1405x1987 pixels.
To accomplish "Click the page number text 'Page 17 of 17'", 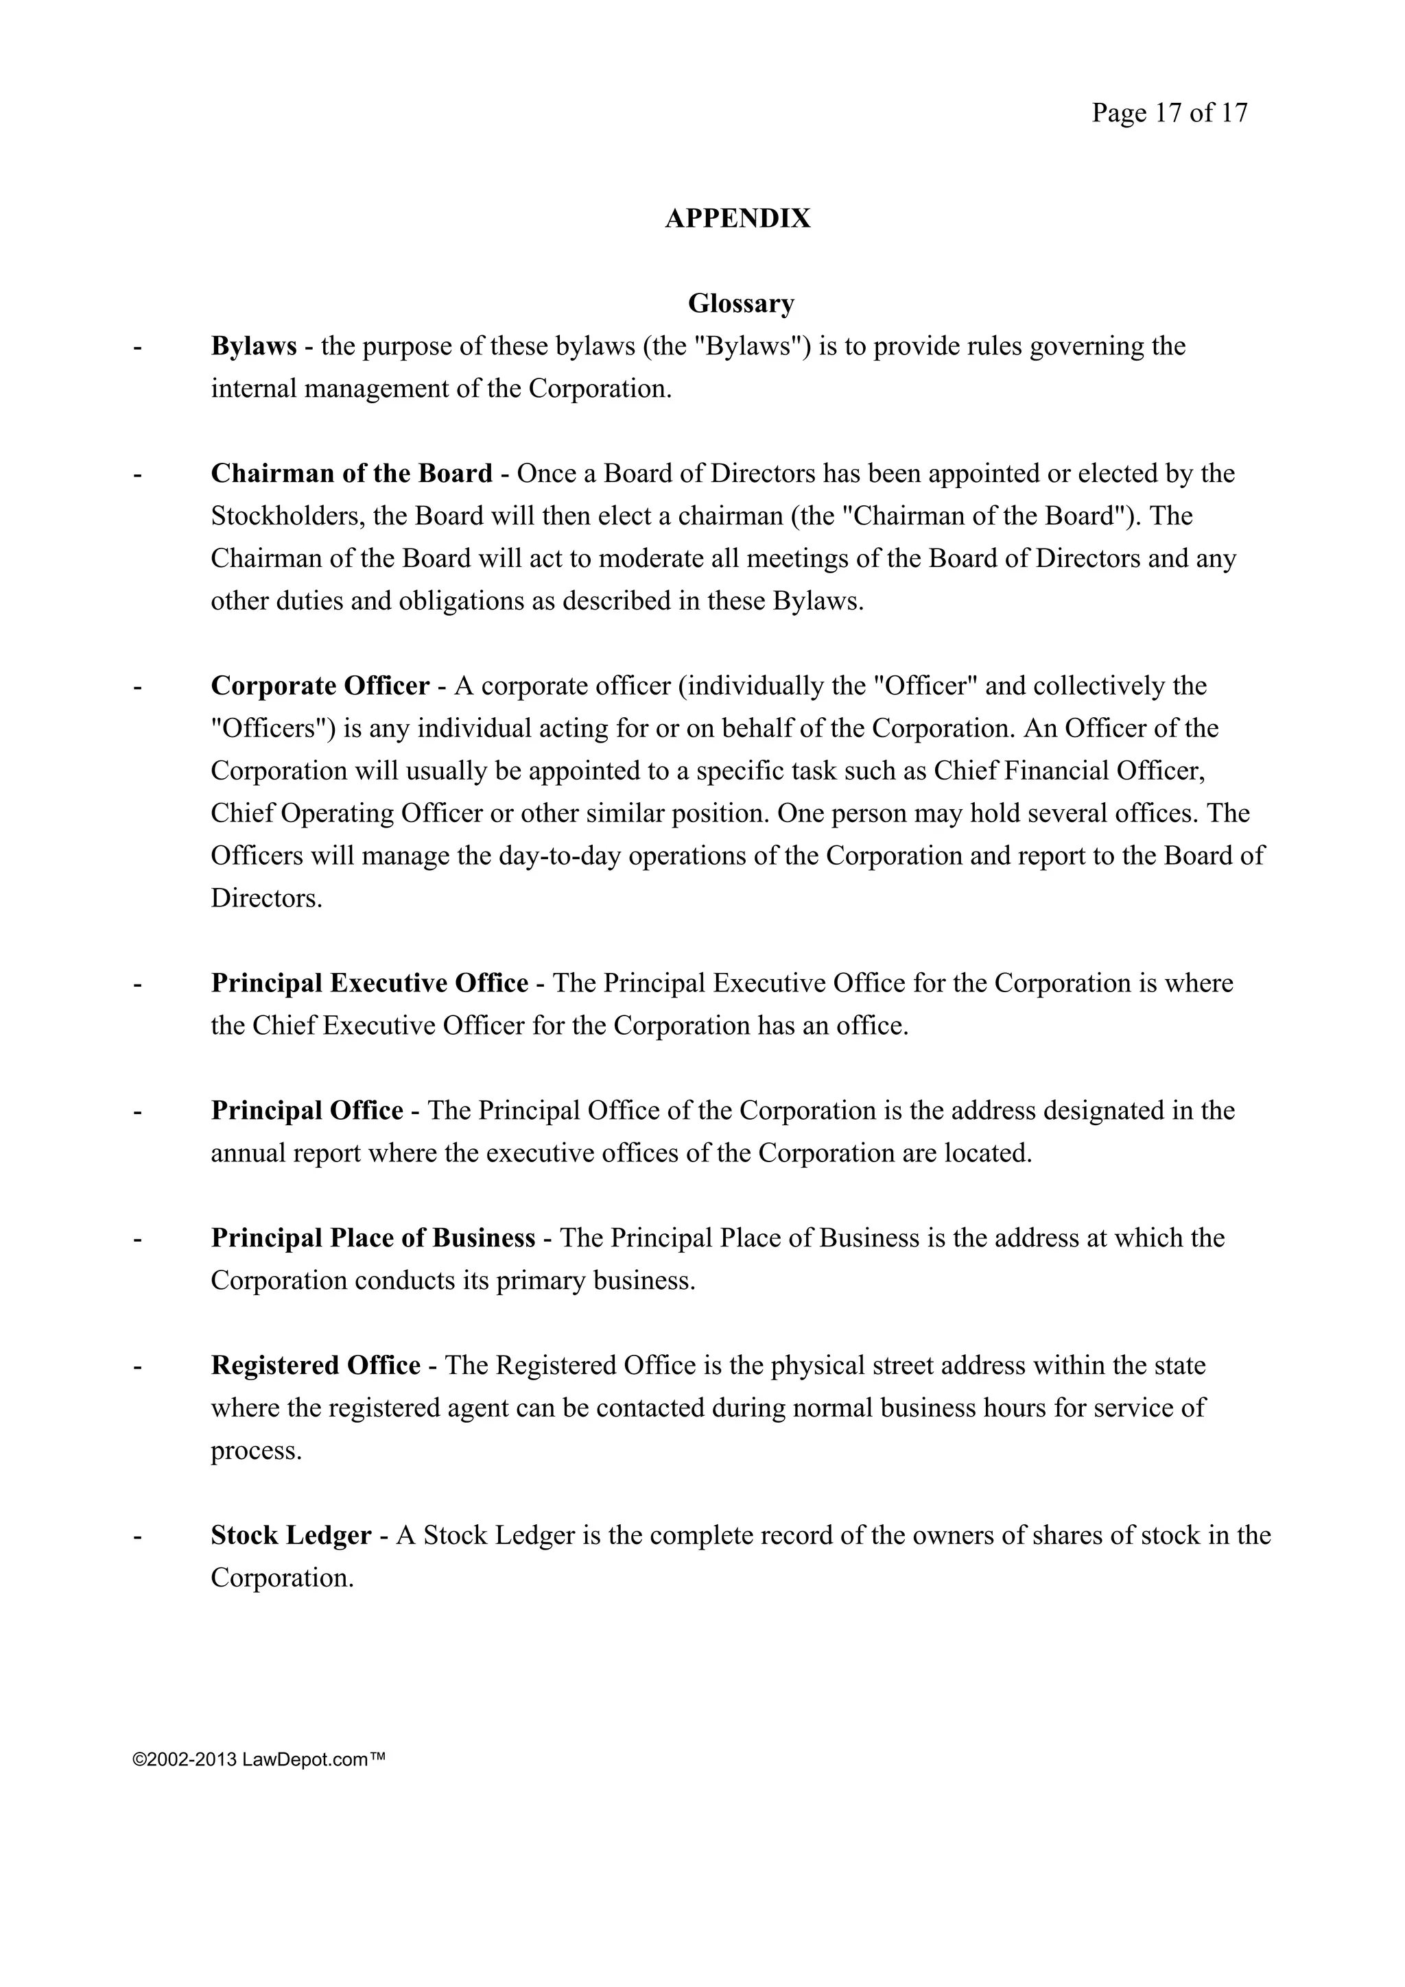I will pos(1169,113).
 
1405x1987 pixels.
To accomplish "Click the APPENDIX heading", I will pos(737,219).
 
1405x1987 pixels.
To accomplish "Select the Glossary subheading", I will pos(741,304).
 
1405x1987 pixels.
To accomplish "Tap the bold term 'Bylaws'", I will pos(254,346).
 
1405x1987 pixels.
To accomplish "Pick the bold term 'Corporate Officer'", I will pos(320,686).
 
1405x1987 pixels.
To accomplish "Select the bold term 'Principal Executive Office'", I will pos(370,983).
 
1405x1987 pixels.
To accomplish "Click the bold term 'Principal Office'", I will pos(307,1110).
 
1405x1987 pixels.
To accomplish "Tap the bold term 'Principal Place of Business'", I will pos(373,1238).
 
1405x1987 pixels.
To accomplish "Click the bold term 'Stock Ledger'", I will pos(292,1535).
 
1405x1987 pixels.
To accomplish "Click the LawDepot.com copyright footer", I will pos(258,1759).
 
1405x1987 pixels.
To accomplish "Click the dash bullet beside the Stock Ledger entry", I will pos(137,1536).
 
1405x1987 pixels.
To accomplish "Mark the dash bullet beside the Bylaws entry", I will pos(137,347).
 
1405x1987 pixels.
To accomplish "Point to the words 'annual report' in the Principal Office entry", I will pos(285,1154).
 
